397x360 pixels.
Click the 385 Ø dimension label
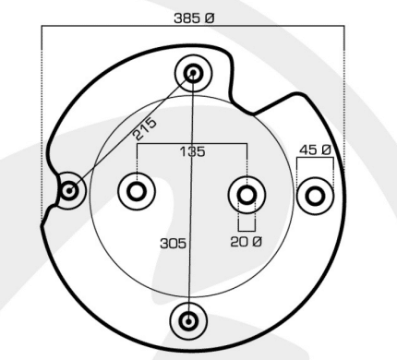[194, 18]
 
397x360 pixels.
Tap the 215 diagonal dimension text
[145, 128]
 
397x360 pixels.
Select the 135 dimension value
[192, 151]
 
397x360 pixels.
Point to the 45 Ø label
[315, 150]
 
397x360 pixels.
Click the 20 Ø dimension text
[247, 242]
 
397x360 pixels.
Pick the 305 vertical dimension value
[174, 244]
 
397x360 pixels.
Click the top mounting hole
[193, 73]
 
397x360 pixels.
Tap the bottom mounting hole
[188, 321]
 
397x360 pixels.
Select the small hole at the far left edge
[69, 191]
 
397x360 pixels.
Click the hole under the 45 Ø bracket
[315, 196]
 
